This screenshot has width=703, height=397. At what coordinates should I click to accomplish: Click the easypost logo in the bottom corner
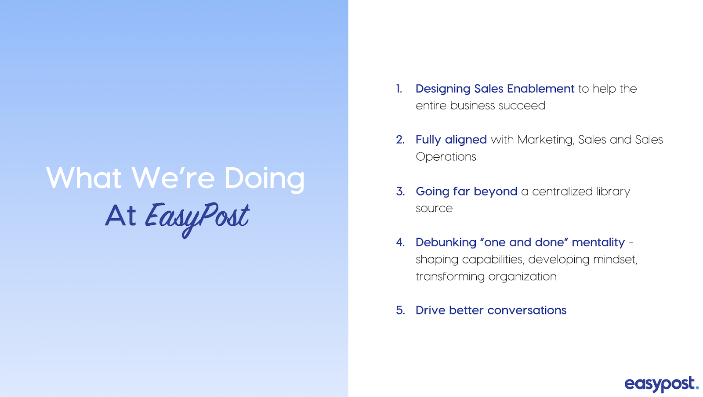(x=662, y=384)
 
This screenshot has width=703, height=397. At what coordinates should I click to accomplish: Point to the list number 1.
(x=399, y=89)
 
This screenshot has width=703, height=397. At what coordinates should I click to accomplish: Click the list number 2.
(x=400, y=140)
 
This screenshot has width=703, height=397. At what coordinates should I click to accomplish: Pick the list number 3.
(x=400, y=191)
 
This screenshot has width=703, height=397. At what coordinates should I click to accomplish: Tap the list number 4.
(x=400, y=242)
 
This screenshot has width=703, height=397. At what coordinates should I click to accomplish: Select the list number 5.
(x=400, y=310)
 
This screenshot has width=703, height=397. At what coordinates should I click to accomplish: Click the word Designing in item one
(x=443, y=90)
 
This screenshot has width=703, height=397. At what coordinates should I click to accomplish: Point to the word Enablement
(x=541, y=89)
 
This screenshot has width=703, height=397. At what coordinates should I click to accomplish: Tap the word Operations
(x=446, y=157)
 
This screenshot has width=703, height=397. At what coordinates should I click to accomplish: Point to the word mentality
(x=598, y=243)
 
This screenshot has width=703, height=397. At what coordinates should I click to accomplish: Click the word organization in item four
(x=522, y=278)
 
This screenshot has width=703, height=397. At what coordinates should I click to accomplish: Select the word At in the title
(x=120, y=216)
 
